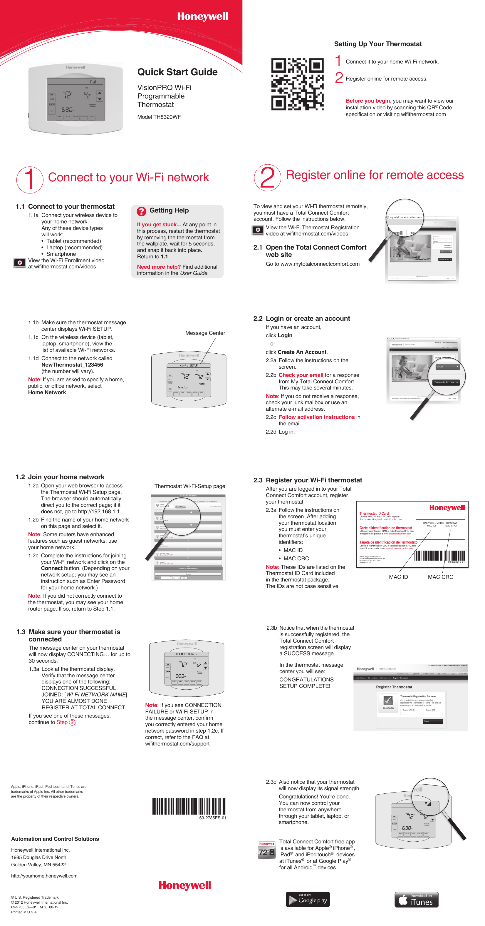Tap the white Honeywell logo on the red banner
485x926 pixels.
(x=202, y=16)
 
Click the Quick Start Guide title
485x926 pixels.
(x=177, y=72)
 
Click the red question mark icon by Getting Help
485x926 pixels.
(x=142, y=211)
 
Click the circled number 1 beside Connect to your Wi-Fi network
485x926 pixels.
(x=30, y=179)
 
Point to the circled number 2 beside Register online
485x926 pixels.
(x=267, y=178)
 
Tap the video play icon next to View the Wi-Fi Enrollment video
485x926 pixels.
(x=20, y=263)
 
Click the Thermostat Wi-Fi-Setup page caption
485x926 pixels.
(x=189, y=486)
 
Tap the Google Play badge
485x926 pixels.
(x=308, y=900)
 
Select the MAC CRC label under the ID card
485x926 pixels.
(x=440, y=577)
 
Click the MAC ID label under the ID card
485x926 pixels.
(x=398, y=577)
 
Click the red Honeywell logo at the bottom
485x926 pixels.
(x=185, y=885)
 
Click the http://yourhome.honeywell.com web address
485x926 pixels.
(x=44, y=876)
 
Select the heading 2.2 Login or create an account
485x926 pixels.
(x=301, y=318)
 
